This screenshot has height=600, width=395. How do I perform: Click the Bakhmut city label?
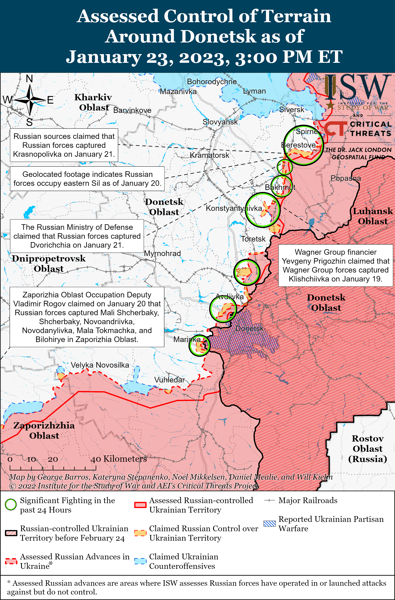coord(280,187)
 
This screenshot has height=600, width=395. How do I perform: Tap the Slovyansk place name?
coord(220,122)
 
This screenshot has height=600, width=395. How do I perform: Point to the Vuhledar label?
coord(169,380)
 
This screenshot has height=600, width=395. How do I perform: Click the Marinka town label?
coord(187,339)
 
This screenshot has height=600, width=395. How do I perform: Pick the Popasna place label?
coord(345,178)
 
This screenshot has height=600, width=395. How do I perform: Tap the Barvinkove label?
coord(132,110)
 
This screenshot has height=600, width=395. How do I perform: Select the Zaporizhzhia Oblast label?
coord(44,430)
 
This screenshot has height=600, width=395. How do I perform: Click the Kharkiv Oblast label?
coord(93,102)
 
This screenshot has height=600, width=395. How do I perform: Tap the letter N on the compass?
coord(29,79)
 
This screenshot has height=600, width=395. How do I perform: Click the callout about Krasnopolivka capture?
coord(64,145)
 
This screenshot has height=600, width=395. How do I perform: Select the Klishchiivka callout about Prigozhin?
coord(335,265)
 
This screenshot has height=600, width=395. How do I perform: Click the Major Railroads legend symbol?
coord(269,500)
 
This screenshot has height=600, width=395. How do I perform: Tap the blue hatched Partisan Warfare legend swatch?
coord(270,524)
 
